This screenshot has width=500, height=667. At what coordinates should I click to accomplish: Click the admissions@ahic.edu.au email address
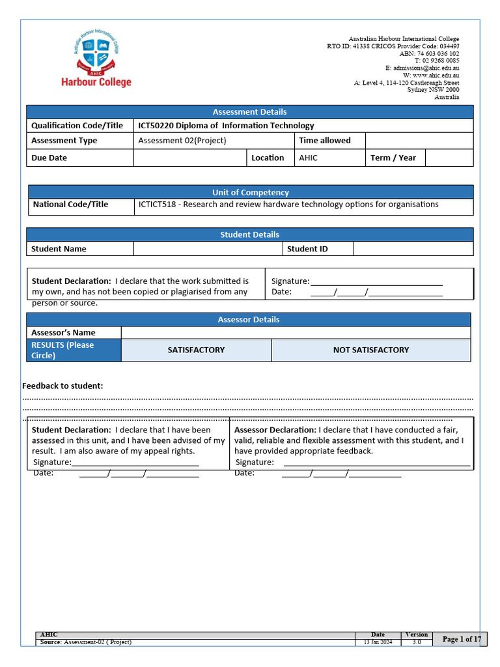[426, 68]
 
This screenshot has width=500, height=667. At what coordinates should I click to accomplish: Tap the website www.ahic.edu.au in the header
[436, 76]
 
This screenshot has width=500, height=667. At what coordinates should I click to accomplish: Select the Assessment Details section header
[249, 112]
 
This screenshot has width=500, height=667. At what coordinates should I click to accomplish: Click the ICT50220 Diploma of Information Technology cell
[226, 126]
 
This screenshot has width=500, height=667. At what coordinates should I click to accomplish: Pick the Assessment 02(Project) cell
[182, 141]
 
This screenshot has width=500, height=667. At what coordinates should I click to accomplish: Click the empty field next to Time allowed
[419, 141]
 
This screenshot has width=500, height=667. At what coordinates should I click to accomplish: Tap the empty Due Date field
[191, 158]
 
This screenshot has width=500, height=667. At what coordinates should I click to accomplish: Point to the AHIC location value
[309, 158]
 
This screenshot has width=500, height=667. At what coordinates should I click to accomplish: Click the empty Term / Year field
[449, 158]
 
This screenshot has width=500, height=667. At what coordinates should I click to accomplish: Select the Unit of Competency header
[250, 192]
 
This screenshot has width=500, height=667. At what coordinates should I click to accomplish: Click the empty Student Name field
[208, 249]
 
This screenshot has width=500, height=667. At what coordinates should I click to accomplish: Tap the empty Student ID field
[413, 249]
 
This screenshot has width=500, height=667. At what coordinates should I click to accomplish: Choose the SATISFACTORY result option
[196, 350]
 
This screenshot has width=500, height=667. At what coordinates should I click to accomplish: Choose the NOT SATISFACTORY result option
[371, 350]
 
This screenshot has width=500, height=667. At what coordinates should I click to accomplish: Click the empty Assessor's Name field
[295, 332]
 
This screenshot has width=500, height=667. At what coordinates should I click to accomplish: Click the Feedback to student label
[62, 386]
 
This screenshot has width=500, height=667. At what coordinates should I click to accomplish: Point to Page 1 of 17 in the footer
[462, 639]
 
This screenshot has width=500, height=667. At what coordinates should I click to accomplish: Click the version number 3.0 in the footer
[417, 642]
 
